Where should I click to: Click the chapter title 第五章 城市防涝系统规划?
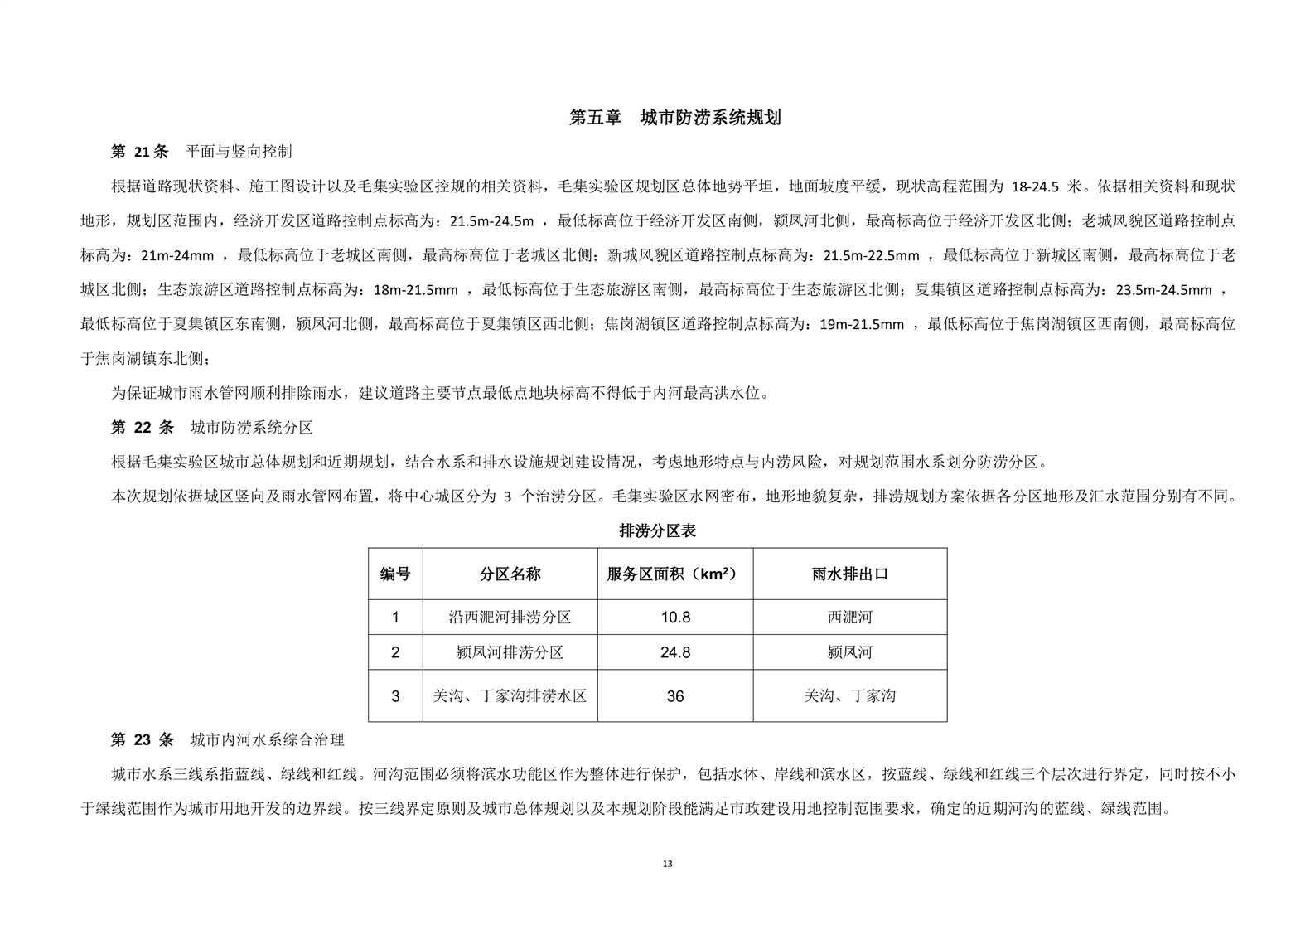674,118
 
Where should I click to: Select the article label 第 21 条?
139,152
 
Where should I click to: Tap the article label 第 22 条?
142,428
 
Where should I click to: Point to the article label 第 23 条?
142,739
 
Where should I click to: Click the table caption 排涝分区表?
657,531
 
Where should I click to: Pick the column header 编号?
395,574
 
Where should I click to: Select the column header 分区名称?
510,574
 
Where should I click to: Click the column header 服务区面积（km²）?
674,574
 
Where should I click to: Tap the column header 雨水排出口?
849,574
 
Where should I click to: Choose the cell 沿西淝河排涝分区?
510,618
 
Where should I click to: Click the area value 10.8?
674,618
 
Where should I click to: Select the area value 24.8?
674,652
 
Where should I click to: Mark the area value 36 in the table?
674,696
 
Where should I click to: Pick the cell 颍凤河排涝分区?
510,652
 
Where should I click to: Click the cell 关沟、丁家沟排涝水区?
510,696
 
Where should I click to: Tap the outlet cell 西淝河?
849,618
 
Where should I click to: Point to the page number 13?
668,864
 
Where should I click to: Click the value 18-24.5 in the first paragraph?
1035,186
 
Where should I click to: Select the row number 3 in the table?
395,696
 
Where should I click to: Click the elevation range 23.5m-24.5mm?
1163,290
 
